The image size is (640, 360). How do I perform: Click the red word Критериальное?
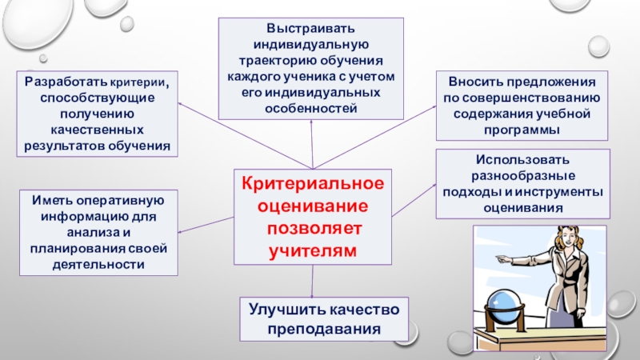coord(313,185)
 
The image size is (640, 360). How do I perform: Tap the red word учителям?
coord(313,250)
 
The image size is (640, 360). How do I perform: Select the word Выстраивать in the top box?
coord(311,30)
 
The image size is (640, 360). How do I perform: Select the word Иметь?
coord(50,200)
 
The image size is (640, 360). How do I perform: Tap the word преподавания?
coord(324,328)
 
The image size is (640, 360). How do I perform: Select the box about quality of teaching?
coord(324,319)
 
